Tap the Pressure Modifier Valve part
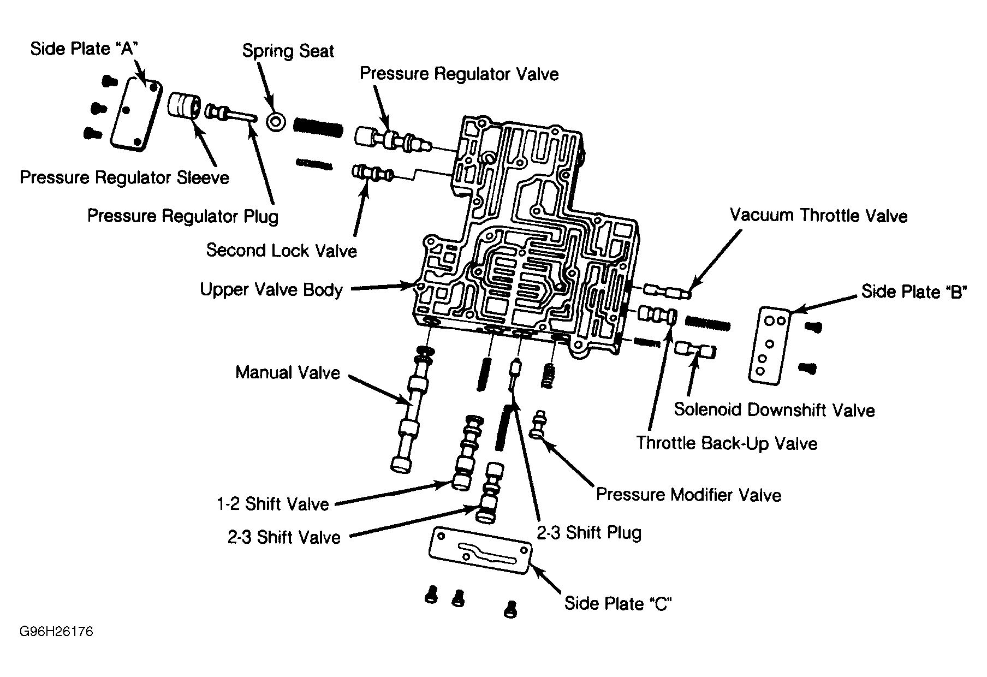[x=539, y=424]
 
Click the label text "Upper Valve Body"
[x=271, y=289]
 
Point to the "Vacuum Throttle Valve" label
[x=818, y=216]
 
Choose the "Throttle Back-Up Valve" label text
[x=727, y=443]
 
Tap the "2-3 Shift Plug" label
[x=589, y=532]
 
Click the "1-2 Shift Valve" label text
[x=273, y=504]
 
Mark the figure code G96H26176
[x=56, y=632]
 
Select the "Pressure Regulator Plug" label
[x=183, y=216]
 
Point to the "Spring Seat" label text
[x=288, y=51]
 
